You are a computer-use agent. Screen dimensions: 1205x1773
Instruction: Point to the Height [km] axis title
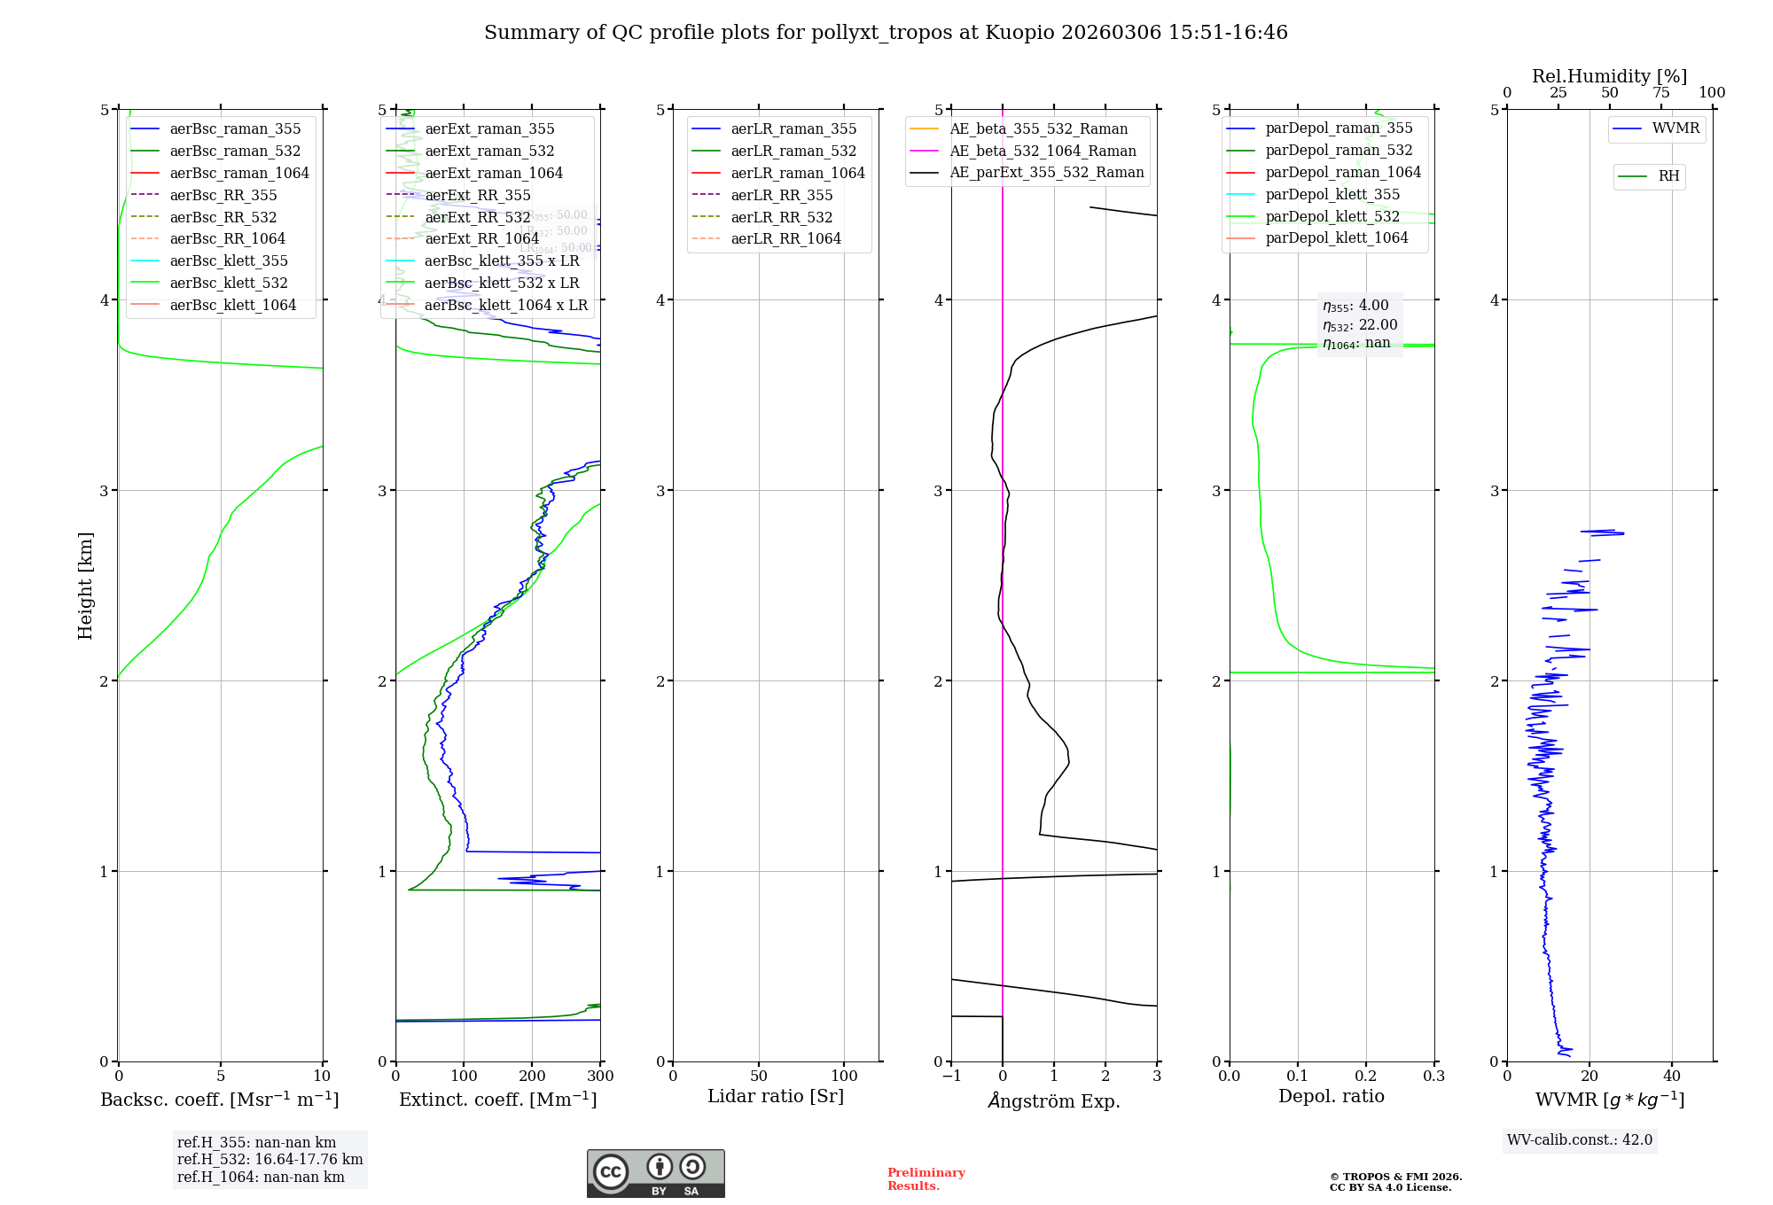(x=85, y=586)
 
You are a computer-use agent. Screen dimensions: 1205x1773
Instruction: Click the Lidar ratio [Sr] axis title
(x=776, y=1096)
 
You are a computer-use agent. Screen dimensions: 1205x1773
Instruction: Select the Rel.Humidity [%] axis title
(x=1609, y=76)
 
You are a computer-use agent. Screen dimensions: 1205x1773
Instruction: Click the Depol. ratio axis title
(x=1331, y=1096)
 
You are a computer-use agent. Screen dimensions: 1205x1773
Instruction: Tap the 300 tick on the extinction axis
(x=600, y=1077)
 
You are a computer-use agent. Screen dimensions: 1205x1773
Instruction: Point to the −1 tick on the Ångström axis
(x=951, y=1077)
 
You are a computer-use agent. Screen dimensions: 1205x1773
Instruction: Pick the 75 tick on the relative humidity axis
(x=1661, y=93)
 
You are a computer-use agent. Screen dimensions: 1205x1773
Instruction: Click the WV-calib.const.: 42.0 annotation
(x=1580, y=1139)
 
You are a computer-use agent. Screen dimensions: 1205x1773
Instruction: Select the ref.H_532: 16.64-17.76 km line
(x=269, y=1159)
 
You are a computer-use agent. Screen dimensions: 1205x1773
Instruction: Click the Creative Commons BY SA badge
(x=655, y=1173)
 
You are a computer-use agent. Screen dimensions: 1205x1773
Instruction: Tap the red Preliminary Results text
(x=926, y=1178)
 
